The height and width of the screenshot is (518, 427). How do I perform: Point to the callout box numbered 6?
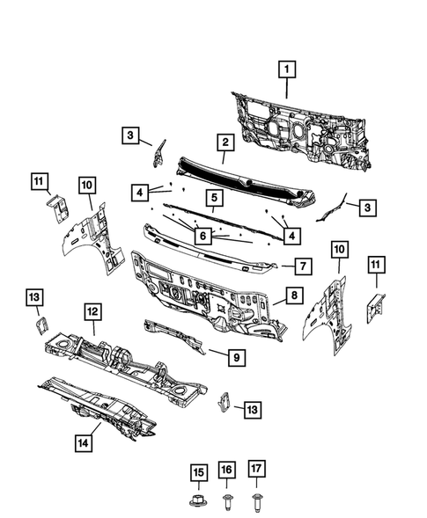point(202,235)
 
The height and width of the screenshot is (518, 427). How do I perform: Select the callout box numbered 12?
point(91,310)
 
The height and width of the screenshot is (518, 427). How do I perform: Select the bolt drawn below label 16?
point(227,503)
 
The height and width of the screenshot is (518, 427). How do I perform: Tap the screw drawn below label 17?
point(255,503)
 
